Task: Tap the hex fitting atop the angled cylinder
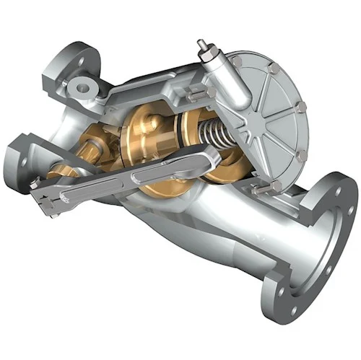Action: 204,48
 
